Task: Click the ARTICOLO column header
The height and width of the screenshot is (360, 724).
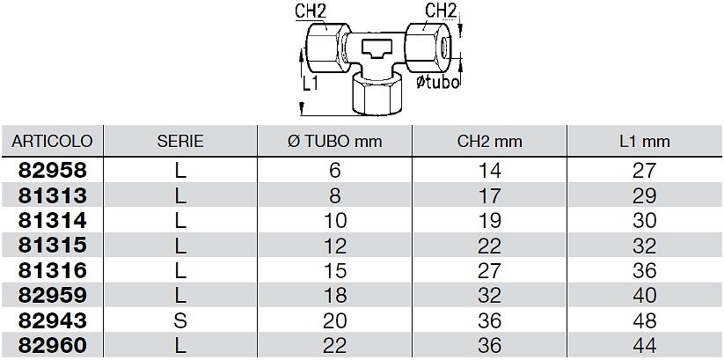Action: [52, 141]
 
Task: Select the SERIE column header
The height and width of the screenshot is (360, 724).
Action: [180, 141]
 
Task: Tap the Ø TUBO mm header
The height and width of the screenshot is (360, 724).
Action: [335, 141]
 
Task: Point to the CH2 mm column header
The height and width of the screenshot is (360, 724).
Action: [489, 141]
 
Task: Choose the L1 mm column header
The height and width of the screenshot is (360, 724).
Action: [645, 141]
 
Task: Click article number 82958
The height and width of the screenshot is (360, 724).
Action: [52, 171]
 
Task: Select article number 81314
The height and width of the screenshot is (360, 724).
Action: [52, 220]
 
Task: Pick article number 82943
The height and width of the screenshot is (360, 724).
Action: [52, 320]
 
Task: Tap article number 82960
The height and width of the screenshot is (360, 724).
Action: [52, 345]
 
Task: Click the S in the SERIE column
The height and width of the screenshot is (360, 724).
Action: [180, 320]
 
